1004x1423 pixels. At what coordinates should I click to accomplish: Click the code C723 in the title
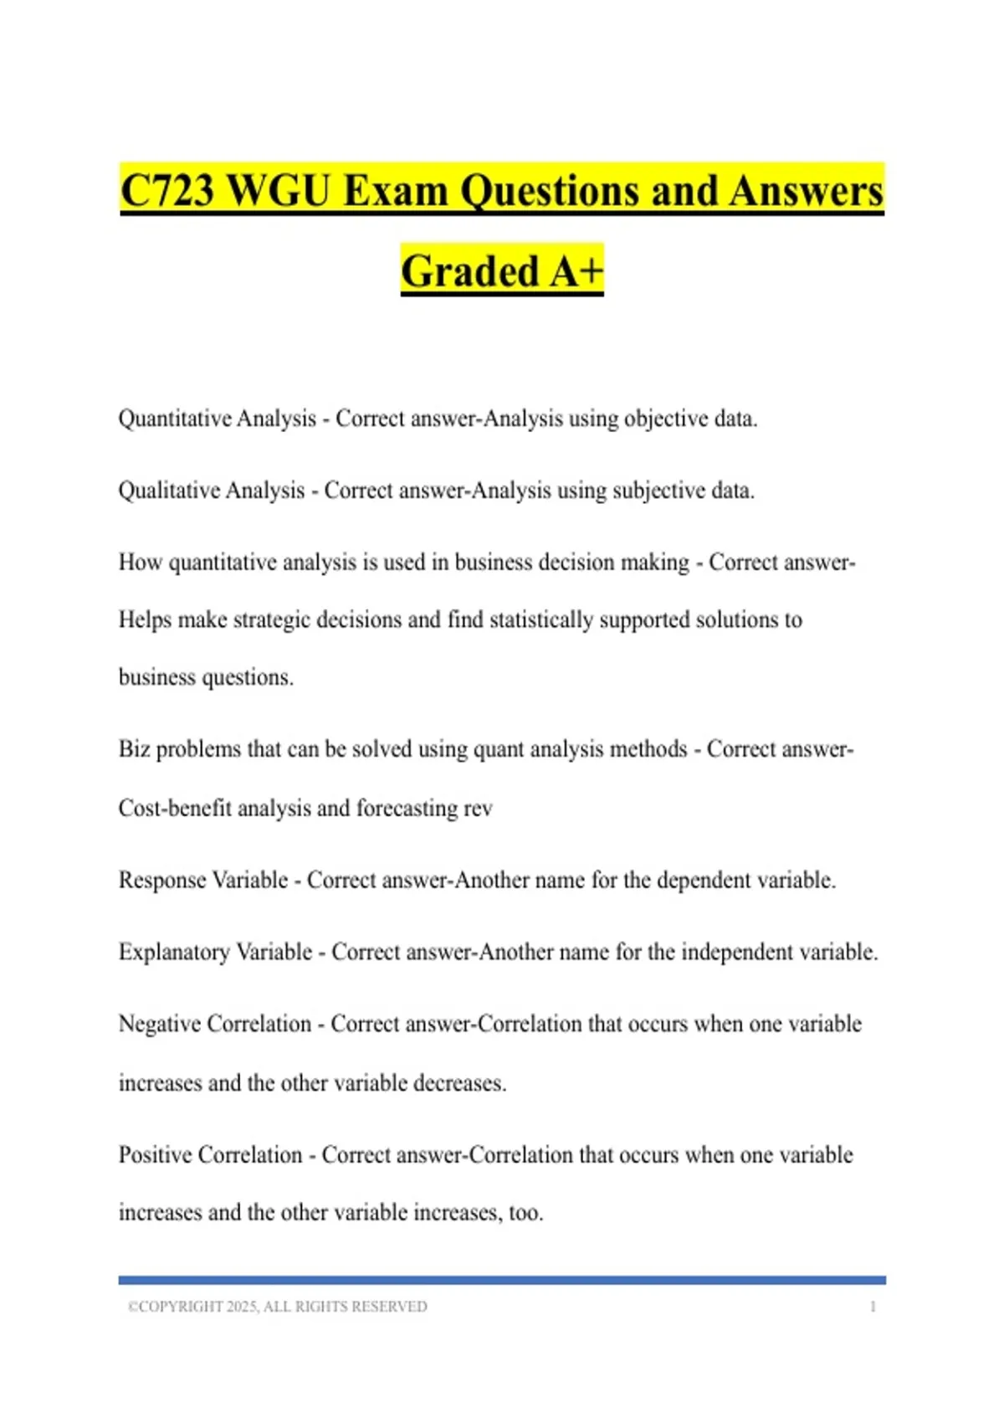point(167,191)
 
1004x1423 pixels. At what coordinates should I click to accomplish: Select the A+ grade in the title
point(576,271)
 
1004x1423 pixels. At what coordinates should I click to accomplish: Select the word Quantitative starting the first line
point(174,419)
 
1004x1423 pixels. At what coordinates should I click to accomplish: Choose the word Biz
point(134,749)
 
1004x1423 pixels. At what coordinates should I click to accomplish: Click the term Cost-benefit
point(175,809)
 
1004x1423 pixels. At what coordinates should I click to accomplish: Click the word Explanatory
point(173,953)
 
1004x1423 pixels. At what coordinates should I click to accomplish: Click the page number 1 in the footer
point(873,1307)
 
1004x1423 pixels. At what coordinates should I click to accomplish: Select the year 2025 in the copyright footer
point(242,1307)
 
